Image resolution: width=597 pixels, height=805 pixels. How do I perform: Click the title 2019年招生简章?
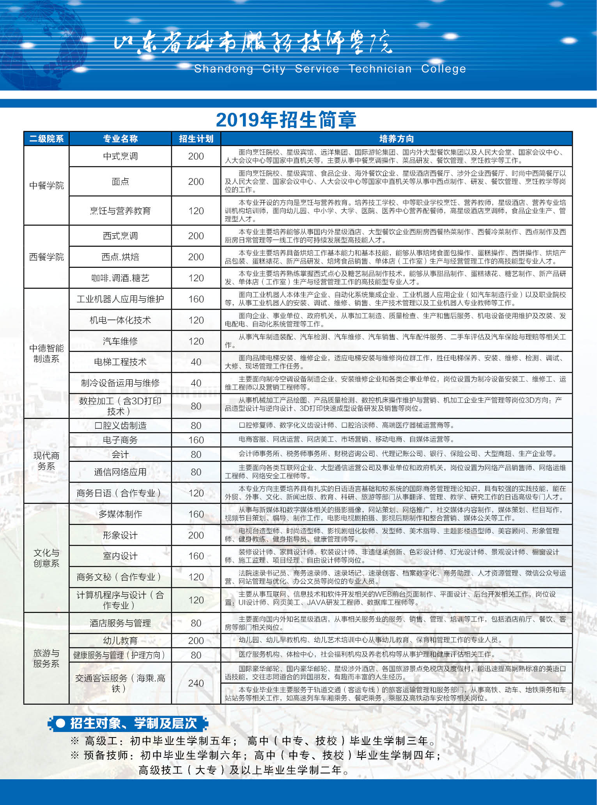[286, 120]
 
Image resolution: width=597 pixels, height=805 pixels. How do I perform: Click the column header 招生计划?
[196, 139]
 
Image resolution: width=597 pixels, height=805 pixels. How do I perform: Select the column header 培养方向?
[396, 139]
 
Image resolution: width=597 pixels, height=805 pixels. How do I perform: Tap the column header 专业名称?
[120, 139]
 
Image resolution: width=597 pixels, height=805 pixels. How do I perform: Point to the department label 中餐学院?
[46, 185]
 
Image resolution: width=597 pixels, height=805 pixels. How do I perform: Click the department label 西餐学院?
[46, 257]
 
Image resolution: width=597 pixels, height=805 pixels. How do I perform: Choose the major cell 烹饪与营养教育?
[120, 211]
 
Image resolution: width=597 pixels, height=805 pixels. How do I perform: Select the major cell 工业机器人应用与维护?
[120, 299]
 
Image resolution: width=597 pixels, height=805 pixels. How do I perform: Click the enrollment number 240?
[196, 683]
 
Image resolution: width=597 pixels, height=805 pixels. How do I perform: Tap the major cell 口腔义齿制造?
[120, 426]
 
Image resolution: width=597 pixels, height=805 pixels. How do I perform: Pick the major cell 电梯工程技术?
[120, 362]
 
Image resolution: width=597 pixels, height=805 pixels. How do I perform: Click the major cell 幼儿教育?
[120, 641]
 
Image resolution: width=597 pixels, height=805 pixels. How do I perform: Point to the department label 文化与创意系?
[46, 558]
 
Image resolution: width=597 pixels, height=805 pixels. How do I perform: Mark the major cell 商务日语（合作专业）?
[120, 493]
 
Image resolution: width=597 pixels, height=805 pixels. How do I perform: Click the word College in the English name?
[443, 69]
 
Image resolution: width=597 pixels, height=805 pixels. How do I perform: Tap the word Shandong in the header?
[223, 69]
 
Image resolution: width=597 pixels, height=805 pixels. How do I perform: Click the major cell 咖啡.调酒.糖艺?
[120, 278]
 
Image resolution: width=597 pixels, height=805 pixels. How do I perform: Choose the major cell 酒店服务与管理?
[120, 623]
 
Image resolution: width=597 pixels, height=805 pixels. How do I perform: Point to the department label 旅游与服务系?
[46, 658]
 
